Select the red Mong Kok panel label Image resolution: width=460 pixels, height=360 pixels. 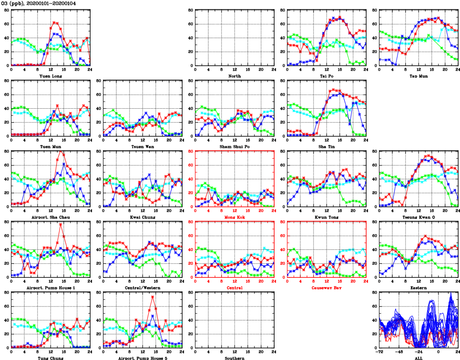[x=234, y=217]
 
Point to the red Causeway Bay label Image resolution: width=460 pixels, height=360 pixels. [x=327, y=288]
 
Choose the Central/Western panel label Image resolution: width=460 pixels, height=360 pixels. [x=142, y=288]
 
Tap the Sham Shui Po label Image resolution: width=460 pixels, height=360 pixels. [x=234, y=146]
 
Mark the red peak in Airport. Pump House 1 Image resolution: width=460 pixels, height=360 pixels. [x=61, y=224]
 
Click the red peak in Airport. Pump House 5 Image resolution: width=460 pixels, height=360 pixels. [x=153, y=297]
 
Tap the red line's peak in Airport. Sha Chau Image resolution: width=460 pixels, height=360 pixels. [x=61, y=152]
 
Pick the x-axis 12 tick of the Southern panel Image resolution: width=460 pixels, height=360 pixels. [x=234, y=352]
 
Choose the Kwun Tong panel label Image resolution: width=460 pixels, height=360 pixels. [x=327, y=217]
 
